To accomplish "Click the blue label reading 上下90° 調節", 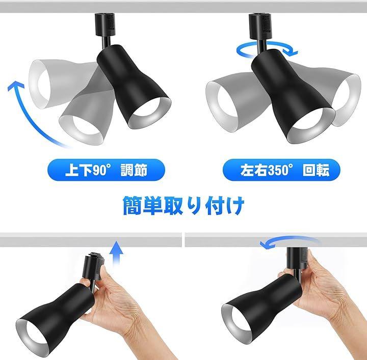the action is pyautogui.click(x=106, y=170).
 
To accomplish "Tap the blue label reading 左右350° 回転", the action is pyautogui.click(x=281, y=170).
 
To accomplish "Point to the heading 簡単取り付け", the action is pyautogui.click(x=183, y=206).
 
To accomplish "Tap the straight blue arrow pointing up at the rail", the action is pyautogui.click(x=118, y=254).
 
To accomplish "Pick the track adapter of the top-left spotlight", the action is pyautogui.click(x=105, y=24).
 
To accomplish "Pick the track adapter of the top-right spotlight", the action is pyautogui.click(x=260, y=26).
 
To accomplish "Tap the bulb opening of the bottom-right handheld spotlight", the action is pyautogui.click(x=238, y=321).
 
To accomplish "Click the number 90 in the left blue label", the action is pyautogui.click(x=99, y=170).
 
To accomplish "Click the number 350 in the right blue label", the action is pyautogui.click(x=278, y=170).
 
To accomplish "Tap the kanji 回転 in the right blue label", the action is pyautogui.click(x=316, y=170).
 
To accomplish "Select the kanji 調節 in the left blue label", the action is pyautogui.click(x=134, y=170).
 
